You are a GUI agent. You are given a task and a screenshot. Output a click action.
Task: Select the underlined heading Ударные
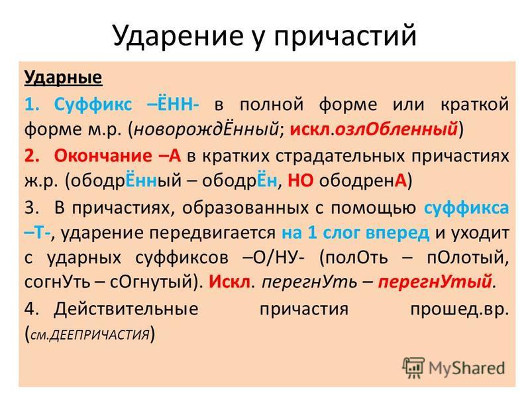[x=63, y=78]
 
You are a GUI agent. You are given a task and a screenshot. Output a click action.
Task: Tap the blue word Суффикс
[x=93, y=103]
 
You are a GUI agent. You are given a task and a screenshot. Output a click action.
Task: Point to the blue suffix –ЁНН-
[x=174, y=103]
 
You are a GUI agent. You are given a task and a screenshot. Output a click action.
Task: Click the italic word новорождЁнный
[x=206, y=129]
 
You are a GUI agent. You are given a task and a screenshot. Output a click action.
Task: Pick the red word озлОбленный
[x=396, y=129]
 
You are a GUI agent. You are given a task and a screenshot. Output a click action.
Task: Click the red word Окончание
[x=103, y=156]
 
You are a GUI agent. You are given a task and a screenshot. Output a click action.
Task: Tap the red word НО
[x=300, y=181]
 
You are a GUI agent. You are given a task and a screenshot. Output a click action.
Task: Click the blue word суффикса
[x=466, y=208]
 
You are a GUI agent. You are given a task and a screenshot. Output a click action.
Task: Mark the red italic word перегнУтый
[x=435, y=281]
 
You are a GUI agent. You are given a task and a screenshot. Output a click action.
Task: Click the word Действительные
[x=126, y=308]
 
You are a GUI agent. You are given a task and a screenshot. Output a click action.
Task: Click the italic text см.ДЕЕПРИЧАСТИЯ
[x=90, y=335]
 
